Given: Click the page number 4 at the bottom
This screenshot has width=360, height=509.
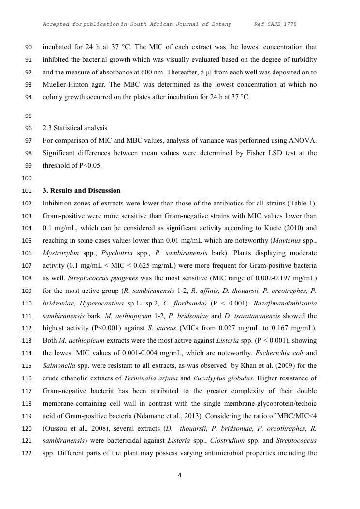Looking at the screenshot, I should pyautogui.click(x=180, y=475).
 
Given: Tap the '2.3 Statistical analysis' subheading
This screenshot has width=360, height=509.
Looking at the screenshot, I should pyautogui.click(x=75, y=128).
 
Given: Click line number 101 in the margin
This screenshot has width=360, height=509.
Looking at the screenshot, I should pyautogui.click(x=28, y=191).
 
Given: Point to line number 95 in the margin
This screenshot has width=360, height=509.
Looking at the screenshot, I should pyautogui.click(x=28, y=116).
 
